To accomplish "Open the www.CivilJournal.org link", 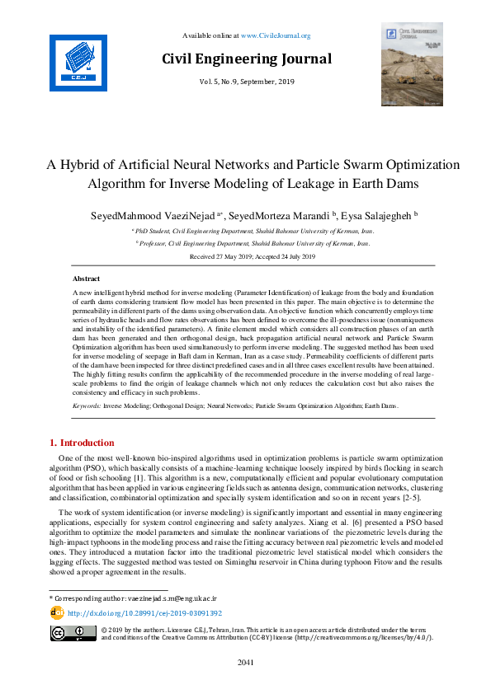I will click(276, 35).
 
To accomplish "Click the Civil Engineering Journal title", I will click(246, 59).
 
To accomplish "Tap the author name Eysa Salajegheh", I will click(371, 215).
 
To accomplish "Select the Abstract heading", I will click(87, 279).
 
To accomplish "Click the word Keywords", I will click(87, 406).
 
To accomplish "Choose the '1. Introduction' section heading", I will click(82, 443).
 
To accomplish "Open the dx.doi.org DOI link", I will click(144, 614).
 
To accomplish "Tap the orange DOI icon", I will click(57, 613).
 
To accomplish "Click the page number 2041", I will click(245, 662).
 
